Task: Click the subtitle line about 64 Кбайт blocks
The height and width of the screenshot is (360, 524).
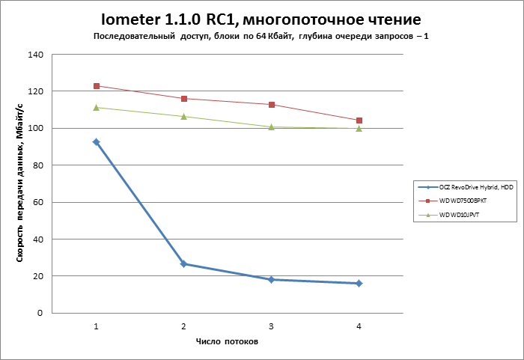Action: click(x=261, y=37)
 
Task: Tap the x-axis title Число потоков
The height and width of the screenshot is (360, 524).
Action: click(x=227, y=342)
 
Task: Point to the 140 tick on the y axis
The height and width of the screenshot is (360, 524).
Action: click(x=36, y=55)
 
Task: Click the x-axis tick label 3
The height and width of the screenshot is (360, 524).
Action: click(x=271, y=326)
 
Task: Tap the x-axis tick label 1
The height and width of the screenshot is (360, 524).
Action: click(x=96, y=326)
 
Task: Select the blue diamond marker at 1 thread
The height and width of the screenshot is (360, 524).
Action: click(x=96, y=141)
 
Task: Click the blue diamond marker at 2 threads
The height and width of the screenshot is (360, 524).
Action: click(x=183, y=264)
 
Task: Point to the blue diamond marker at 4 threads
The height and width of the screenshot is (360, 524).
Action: click(x=359, y=283)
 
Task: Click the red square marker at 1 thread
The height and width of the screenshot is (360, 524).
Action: click(x=96, y=86)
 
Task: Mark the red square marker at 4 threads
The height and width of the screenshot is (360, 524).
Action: click(x=359, y=120)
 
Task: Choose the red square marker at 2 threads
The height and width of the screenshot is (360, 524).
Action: click(x=183, y=99)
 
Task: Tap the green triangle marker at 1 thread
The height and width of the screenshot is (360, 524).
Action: click(x=96, y=107)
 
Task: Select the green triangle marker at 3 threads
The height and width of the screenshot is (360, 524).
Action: click(x=271, y=126)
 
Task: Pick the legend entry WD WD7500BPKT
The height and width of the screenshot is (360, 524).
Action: click(x=463, y=201)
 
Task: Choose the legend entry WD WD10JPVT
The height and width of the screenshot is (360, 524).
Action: click(x=460, y=215)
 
